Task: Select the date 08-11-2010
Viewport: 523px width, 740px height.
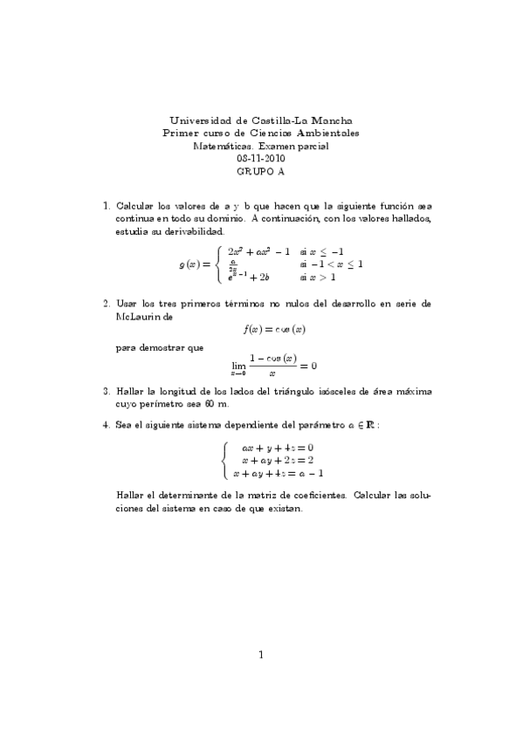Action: (261, 159)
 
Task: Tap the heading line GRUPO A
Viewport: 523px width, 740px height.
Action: (261, 172)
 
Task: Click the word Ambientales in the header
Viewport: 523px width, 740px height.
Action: (327, 134)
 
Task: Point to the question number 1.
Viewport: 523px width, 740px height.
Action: (106, 206)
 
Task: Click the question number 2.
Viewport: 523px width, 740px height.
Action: (106, 304)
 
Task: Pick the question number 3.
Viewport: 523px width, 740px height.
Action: (106, 391)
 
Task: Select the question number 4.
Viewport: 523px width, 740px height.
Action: (106, 425)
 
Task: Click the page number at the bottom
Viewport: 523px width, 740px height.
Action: (261, 654)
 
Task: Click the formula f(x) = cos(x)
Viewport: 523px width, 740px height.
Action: (274, 330)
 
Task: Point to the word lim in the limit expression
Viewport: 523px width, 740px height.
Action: (238, 366)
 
